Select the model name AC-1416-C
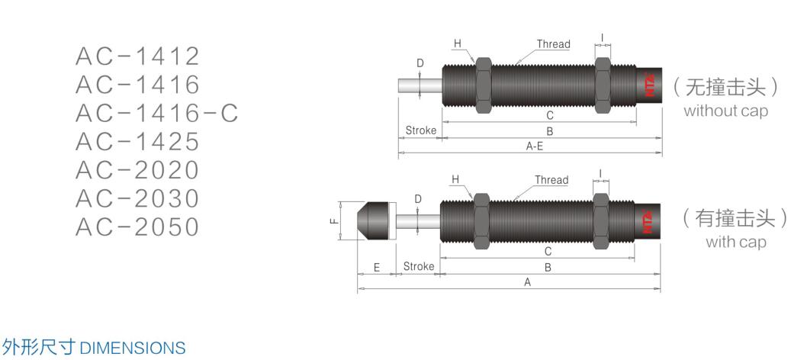click(157, 113)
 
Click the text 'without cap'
click(725, 111)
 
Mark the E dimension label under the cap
click(377, 267)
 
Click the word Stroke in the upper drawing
click(420, 130)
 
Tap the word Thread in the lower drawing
click(551, 180)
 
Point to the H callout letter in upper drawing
click(458, 43)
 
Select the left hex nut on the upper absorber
click(483, 85)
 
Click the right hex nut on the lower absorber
click(600, 220)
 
